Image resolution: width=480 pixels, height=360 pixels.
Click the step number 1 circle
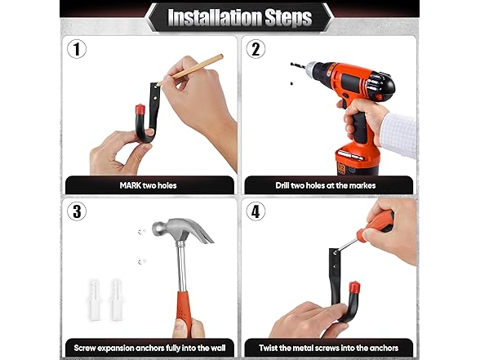point(77,49)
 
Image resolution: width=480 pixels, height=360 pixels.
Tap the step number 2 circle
point(257,49)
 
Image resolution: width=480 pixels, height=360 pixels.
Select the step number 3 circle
point(77,211)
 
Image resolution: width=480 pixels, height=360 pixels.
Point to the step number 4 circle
point(257,211)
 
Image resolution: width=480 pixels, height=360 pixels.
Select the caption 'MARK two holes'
point(150,185)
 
